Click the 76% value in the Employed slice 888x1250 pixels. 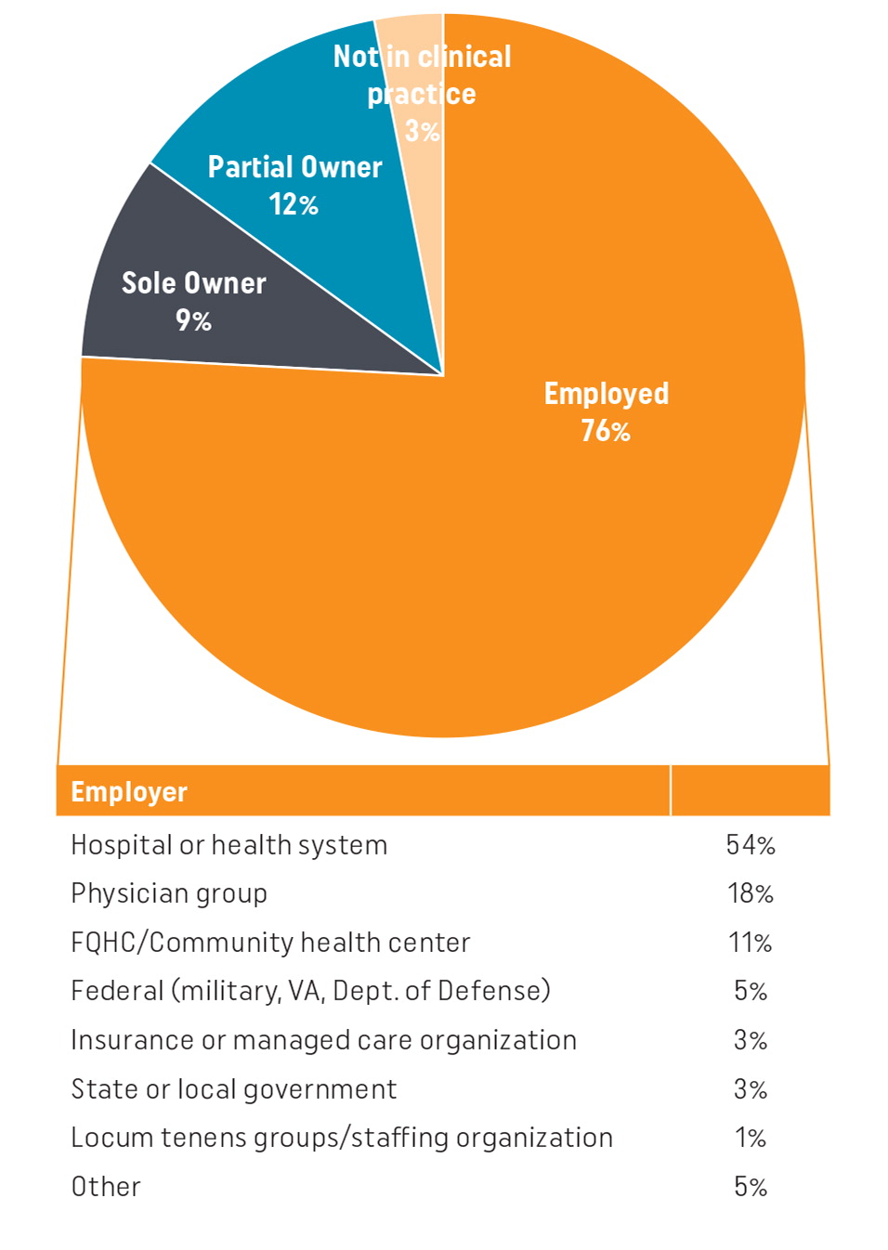click(x=606, y=431)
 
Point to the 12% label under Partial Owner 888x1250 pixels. click(x=294, y=204)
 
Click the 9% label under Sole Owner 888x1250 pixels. click(x=193, y=320)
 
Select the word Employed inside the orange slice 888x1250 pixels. click(x=606, y=394)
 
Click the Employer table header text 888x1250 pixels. click(x=129, y=792)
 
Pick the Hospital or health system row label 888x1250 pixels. click(x=229, y=845)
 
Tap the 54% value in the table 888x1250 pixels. click(x=751, y=845)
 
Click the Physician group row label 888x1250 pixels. click(x=169, y=893)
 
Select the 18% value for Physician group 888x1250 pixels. click(x=751, y=893)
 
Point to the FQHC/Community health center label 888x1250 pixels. click(x=270, y=943)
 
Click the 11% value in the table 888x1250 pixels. click(x=751, y=943)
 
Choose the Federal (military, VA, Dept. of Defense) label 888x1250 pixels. click(x=310, y=991)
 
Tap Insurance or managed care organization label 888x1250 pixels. click(x=323, y=1040)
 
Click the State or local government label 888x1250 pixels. click(x=234, y=1089)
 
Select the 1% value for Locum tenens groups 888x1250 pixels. click(x=751, y=1138)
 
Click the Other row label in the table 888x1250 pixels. click(x=106, y=1187)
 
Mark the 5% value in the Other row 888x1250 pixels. click(x=751, y=1187)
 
